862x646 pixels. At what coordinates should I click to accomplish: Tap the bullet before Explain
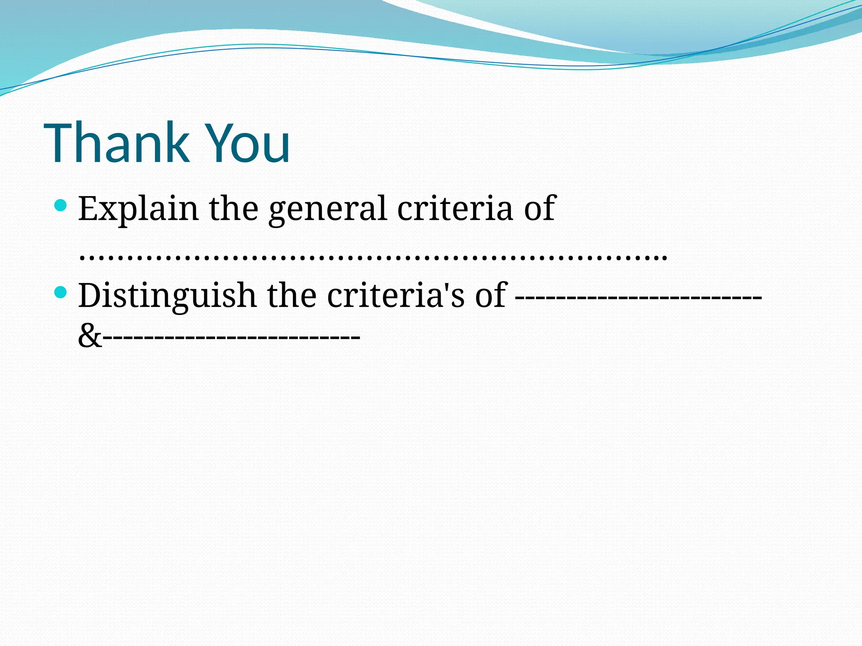[x=61, y=205]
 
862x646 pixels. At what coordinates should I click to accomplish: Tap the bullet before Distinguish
[x=61, y=292]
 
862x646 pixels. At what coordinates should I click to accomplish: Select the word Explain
[x=138, y=209]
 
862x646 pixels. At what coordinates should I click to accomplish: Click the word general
[x=328, y=209]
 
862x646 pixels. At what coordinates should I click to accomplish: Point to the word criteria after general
[x=455, y=209]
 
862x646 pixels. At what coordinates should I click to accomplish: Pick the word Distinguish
[x=167, y=295]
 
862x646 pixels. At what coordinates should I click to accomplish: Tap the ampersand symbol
[x=90, y=336]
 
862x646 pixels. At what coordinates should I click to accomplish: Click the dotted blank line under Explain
[x=373, y=255]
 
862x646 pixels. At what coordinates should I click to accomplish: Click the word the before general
[x=234, y=209]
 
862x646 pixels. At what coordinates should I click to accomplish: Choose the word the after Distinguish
[x=292, y=295]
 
